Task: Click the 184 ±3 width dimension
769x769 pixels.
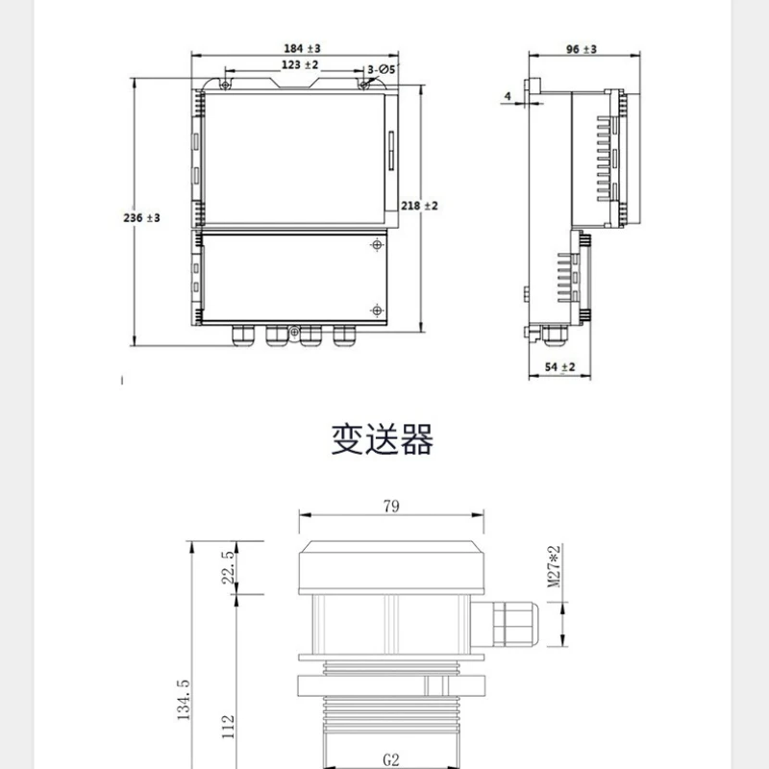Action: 302,49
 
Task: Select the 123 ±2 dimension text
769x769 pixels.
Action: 300,64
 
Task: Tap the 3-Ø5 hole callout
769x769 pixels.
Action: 382,69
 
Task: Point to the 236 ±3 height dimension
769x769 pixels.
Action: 141,218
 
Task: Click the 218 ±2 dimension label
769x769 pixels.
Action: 419,206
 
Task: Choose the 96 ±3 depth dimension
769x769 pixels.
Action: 582,50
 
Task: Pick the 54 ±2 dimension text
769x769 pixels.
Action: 559,367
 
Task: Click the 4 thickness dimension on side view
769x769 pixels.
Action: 508,96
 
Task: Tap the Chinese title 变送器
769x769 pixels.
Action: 382,439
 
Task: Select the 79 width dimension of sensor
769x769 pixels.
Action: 391,506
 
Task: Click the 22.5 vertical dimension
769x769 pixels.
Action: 228,567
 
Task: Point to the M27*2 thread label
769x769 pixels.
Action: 554,566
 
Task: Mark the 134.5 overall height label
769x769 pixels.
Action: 184,700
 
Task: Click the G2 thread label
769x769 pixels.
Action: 391,760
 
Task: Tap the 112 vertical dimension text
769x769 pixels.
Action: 228,727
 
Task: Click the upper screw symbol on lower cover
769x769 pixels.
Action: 377,244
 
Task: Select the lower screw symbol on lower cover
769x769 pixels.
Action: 377,310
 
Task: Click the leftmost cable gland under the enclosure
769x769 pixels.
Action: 243,335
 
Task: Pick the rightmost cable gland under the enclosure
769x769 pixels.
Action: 344,335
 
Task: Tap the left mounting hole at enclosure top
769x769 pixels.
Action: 225,86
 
